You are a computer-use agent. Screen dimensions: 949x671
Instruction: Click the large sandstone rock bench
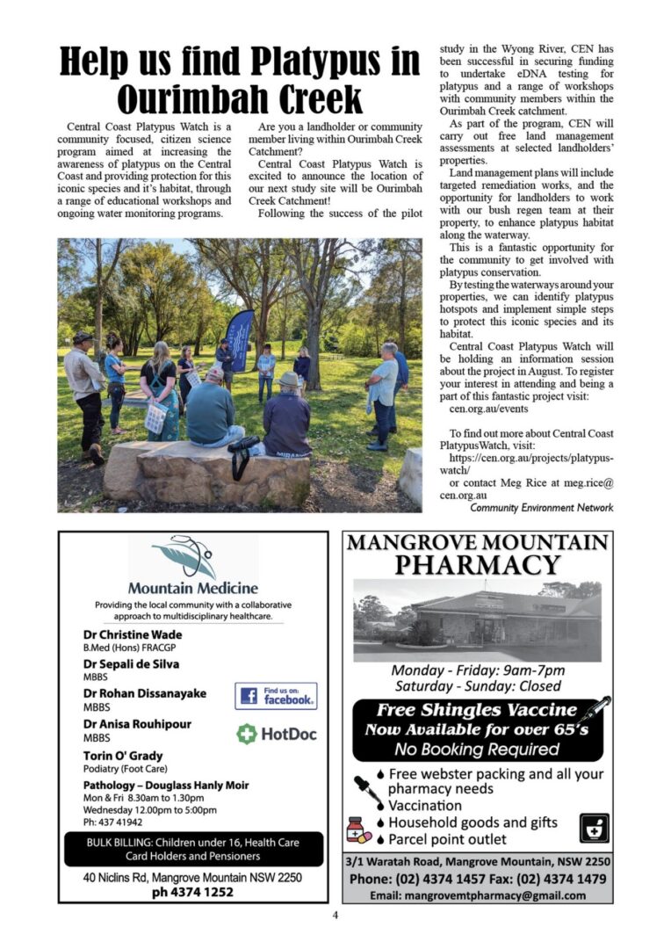coord(206,474)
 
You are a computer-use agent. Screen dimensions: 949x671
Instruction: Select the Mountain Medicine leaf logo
coord(184,555)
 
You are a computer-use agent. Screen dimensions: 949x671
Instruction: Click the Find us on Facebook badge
coord(276,696)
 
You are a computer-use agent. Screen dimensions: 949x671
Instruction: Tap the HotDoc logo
coord(277,734)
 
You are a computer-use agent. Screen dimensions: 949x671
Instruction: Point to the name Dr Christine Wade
coord(133,634)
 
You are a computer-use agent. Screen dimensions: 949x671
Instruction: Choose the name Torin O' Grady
coord(123,756)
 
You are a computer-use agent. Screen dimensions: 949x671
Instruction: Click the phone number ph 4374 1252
coord(192,892)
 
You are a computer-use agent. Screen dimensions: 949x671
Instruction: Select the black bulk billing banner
coord(193,849)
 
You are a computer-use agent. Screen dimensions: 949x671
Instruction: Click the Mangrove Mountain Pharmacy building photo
coord(477,619)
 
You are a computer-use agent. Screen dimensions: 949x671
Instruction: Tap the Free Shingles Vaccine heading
coord(477,710)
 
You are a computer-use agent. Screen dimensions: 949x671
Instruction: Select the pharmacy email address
coord(477,895)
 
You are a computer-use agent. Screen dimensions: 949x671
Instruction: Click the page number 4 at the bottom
coord(335,915)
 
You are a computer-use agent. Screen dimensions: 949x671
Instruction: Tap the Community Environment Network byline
coord(541,508)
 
